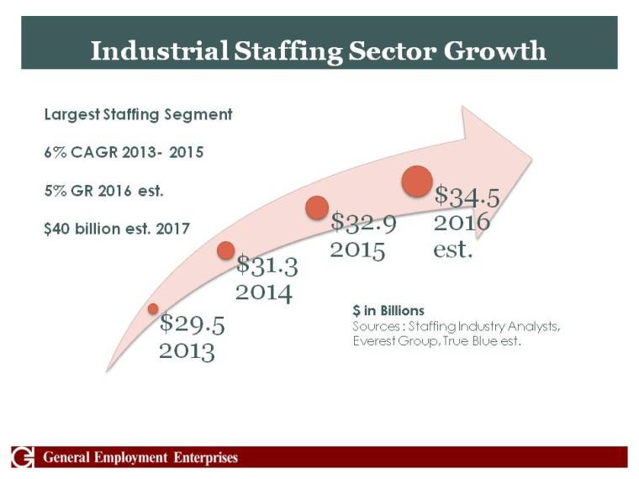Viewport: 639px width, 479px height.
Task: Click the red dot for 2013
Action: coord(153,309)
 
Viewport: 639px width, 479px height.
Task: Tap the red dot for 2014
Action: coord(225,250)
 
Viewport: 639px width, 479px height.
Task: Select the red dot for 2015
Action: coord(316,208)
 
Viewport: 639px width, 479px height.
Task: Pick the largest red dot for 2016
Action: coord(417,182)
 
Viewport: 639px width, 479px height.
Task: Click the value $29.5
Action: coord(193,324)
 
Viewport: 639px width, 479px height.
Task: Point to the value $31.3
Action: coord(267,266)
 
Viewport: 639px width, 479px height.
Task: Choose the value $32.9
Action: coord(363,224)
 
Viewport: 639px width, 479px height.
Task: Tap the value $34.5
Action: coord(467,197)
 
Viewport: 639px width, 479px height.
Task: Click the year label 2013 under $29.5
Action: coord(187,350)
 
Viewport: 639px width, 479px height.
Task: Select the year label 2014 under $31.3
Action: coord(263,292)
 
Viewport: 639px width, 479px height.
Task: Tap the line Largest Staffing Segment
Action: coord(138,114)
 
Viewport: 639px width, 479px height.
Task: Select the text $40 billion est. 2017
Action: coord(117,228)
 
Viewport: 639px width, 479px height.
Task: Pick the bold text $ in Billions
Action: coord(388,311)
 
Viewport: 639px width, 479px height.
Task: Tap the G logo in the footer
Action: coord(23,457)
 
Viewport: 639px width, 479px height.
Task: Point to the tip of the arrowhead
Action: coord(532,155)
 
